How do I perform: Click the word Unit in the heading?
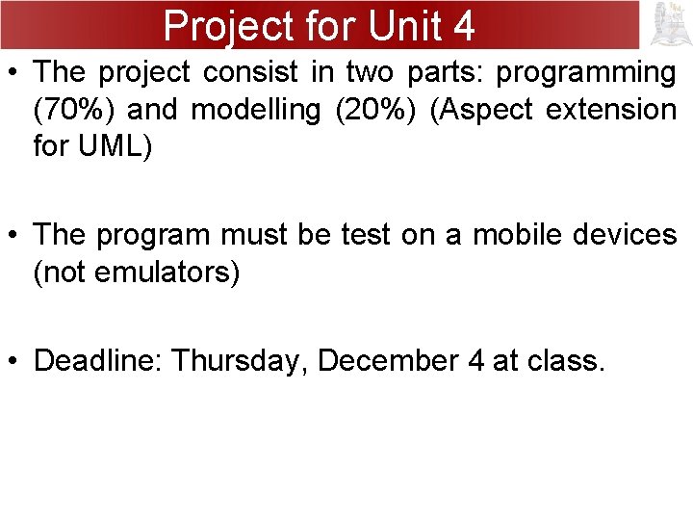[x=388, y=26]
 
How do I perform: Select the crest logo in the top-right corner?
[x=667, y=25]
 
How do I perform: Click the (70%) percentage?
[x=74, y=110]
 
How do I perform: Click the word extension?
[x=613, y=110]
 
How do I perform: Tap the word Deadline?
[x=97, y=361]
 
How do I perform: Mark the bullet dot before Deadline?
[x=14, y=361]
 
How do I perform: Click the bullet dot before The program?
[x=14, y=235]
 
